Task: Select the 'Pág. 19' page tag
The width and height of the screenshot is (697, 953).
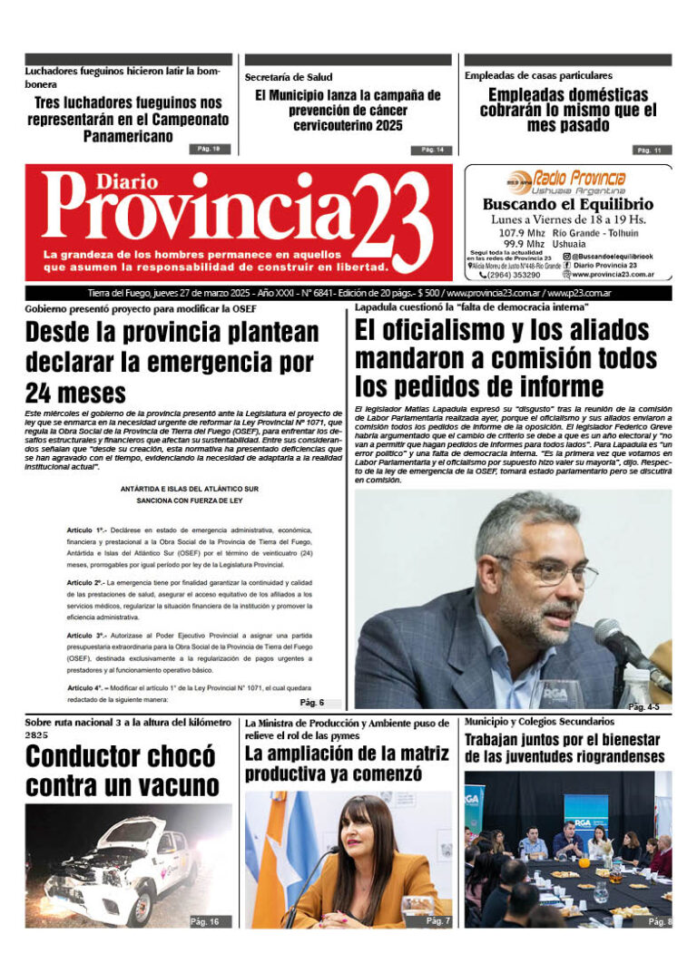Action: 210,148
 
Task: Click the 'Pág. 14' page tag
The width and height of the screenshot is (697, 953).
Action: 431,150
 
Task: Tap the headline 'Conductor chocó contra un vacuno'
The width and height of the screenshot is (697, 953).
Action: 121,771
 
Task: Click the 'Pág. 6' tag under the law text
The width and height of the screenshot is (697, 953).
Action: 311,703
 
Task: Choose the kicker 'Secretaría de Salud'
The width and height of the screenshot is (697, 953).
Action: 289,77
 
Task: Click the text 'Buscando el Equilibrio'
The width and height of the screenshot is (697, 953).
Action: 567,205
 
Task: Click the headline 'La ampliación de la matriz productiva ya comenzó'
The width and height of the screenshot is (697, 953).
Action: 347,763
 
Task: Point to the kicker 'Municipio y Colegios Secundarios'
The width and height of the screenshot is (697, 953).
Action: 539,721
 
